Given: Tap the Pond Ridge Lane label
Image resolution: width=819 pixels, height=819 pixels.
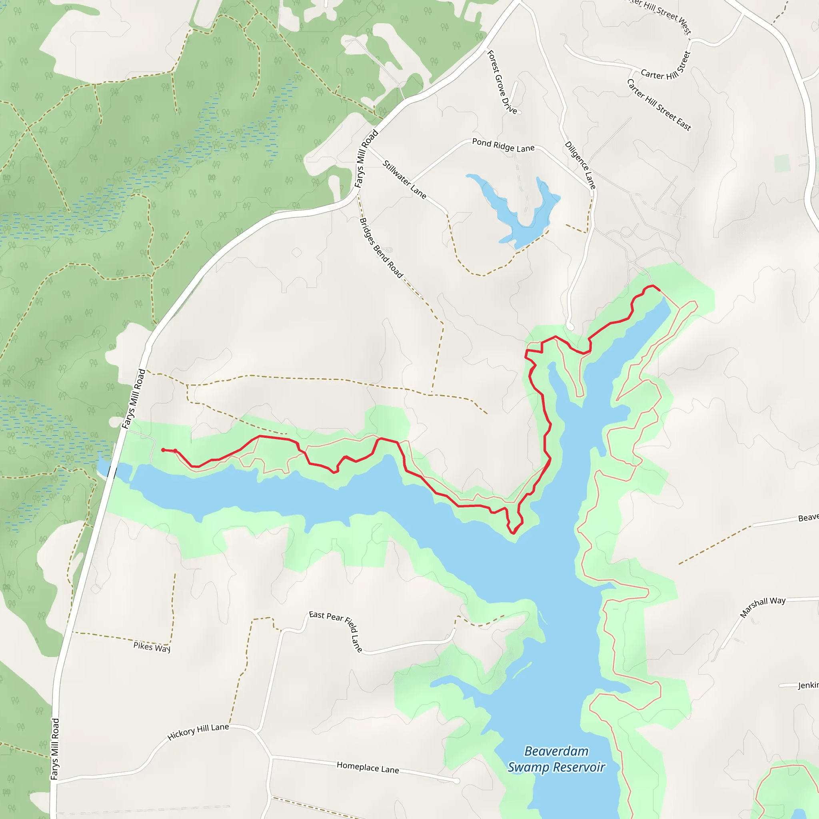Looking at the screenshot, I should [503, 146].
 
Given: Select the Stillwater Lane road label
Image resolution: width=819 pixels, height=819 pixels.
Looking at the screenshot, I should [404, 179].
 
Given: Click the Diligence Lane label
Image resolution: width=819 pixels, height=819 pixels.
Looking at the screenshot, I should [580, 165].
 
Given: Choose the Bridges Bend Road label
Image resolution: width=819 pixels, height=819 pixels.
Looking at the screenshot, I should [381, 248].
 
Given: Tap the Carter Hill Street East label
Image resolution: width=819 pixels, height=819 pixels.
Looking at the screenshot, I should [659, 105].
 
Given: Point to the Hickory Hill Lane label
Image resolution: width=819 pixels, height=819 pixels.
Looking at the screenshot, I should [198, 732].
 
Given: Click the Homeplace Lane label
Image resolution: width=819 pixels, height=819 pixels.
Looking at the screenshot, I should [368, 767].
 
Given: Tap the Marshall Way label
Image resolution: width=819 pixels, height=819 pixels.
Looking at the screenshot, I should [763, 607].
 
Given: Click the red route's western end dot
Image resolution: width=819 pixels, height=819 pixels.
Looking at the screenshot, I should [163, 450].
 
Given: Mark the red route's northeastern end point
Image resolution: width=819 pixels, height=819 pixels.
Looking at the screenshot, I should [659, 290].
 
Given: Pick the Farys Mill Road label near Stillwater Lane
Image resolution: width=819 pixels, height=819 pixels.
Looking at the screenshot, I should [366, 159].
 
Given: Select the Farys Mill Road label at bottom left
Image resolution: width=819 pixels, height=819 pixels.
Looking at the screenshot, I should [55, 749].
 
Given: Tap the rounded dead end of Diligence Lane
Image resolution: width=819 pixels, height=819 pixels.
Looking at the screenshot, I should [570, 327].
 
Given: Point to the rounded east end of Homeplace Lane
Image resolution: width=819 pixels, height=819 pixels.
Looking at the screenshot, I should [456, 781].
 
